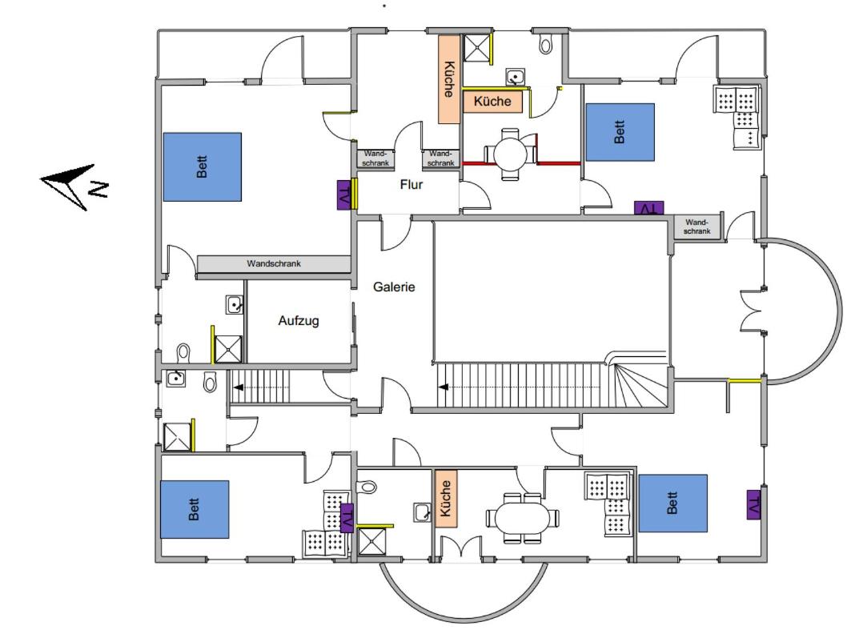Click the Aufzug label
299,320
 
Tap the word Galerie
394,287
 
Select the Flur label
411,184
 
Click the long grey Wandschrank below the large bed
273,264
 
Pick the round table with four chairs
511,154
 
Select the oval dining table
523,518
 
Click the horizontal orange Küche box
492,101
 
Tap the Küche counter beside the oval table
445,498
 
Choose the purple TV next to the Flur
344,195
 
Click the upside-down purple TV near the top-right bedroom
649,207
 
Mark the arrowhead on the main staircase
444,387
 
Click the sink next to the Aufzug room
235,305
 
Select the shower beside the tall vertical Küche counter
476,48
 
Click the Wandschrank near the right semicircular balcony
696,227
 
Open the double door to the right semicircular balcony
752,310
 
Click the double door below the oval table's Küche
461,548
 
